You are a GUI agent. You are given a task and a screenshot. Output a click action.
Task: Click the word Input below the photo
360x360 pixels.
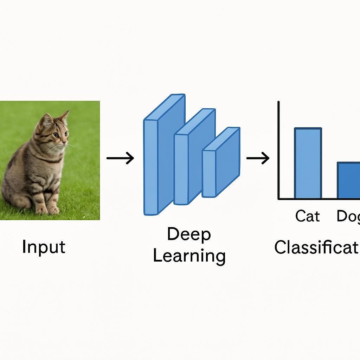tap(44, 247)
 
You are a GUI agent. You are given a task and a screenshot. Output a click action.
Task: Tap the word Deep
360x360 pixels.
tap(189, 234)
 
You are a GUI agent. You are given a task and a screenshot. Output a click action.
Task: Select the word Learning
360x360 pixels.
tap(189, 256)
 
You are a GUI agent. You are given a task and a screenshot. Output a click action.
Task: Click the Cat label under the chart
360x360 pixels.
tap(308, 216)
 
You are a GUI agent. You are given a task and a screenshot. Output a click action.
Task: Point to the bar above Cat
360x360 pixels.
tap(308, 163)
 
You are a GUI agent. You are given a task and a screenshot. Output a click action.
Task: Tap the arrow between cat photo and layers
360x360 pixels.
tap(120, 158)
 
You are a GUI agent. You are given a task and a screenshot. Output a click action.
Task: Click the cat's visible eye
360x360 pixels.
tap(56, 134)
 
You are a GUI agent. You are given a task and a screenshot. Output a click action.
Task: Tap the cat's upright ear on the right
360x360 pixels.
tap(64, 118)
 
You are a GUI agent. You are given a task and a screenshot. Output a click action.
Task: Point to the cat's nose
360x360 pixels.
tap(65, 141)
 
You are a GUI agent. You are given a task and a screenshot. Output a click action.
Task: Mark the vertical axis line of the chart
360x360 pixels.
tap(278, 151)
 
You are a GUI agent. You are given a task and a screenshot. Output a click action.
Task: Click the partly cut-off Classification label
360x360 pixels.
tap(317, 247)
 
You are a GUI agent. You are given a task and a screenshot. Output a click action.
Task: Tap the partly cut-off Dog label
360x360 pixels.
tap(348, 216)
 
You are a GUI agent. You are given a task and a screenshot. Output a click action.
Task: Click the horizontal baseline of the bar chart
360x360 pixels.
tap(316, 199)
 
